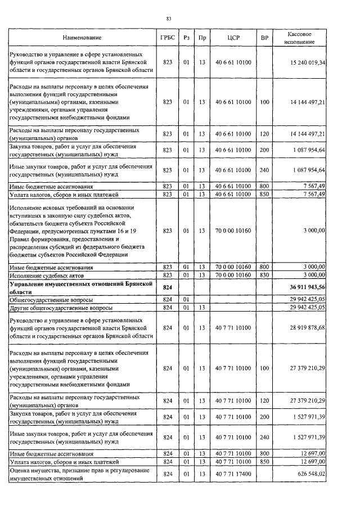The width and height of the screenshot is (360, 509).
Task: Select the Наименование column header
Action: [81, 38]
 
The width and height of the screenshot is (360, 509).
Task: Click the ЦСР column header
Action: [233, 38]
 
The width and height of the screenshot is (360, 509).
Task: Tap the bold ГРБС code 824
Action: [166, 287]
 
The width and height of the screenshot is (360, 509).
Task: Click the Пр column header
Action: [202, 38]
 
